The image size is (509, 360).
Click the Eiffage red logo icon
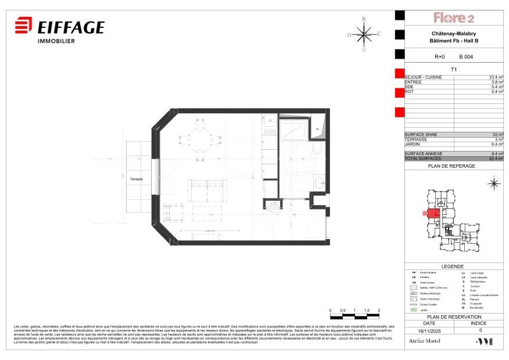[24, 27]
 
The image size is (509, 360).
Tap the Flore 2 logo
[454, 18]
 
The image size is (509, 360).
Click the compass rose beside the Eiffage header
[364, 34]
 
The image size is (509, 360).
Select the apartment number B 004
[465, 57]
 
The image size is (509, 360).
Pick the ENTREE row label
[413, 82]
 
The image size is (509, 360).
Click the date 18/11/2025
[429, 330]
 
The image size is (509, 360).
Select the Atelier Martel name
[425, 342]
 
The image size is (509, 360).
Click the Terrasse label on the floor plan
[137, 179]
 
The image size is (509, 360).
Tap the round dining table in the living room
[201, 138]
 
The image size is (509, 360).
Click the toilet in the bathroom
[316, 149]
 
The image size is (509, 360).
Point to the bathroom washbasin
[318, 183]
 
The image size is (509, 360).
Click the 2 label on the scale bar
[379, 311]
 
